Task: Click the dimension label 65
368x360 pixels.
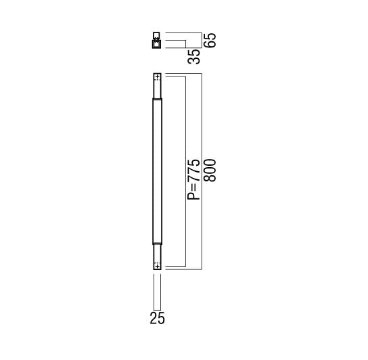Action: (210, 41)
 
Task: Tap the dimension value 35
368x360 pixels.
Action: (194, 57)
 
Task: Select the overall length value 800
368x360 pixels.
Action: (210, 171)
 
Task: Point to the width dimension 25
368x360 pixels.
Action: (157, 318)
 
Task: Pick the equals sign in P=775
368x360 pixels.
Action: (194, 187)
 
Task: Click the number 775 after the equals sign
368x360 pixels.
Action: (194, 171)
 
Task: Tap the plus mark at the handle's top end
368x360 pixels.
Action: (157, 76)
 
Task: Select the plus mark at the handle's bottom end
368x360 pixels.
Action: (157, 267)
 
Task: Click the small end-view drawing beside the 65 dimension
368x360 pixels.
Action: (157, 40)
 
